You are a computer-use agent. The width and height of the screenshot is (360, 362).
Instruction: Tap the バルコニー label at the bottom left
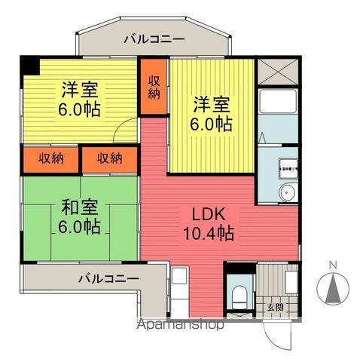(x=108, y=278)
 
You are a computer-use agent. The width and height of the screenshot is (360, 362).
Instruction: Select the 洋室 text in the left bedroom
(x=79, y=88)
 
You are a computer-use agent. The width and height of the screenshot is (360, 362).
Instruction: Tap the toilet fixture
(x=239, y=294)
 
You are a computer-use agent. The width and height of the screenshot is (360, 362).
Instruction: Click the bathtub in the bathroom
(x=278, y=114)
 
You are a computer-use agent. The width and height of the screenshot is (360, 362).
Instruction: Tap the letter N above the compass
(x=333, y=264)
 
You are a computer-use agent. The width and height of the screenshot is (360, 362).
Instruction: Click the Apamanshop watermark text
(x=178, y=327)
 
